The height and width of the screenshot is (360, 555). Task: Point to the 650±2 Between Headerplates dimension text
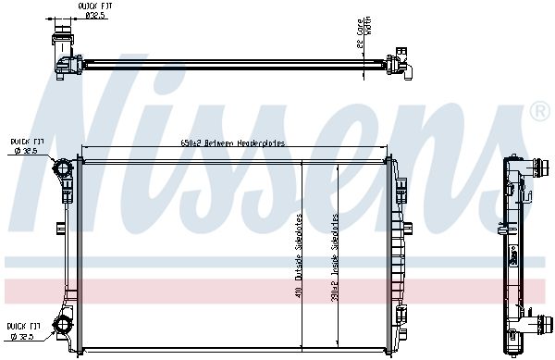(x=232, y=143)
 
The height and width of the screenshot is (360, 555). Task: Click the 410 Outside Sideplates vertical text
(x=299, y=260)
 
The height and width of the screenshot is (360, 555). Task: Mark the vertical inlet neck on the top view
(x=64, y=42)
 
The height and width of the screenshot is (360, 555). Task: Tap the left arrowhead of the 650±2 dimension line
(x=85, y=149)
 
